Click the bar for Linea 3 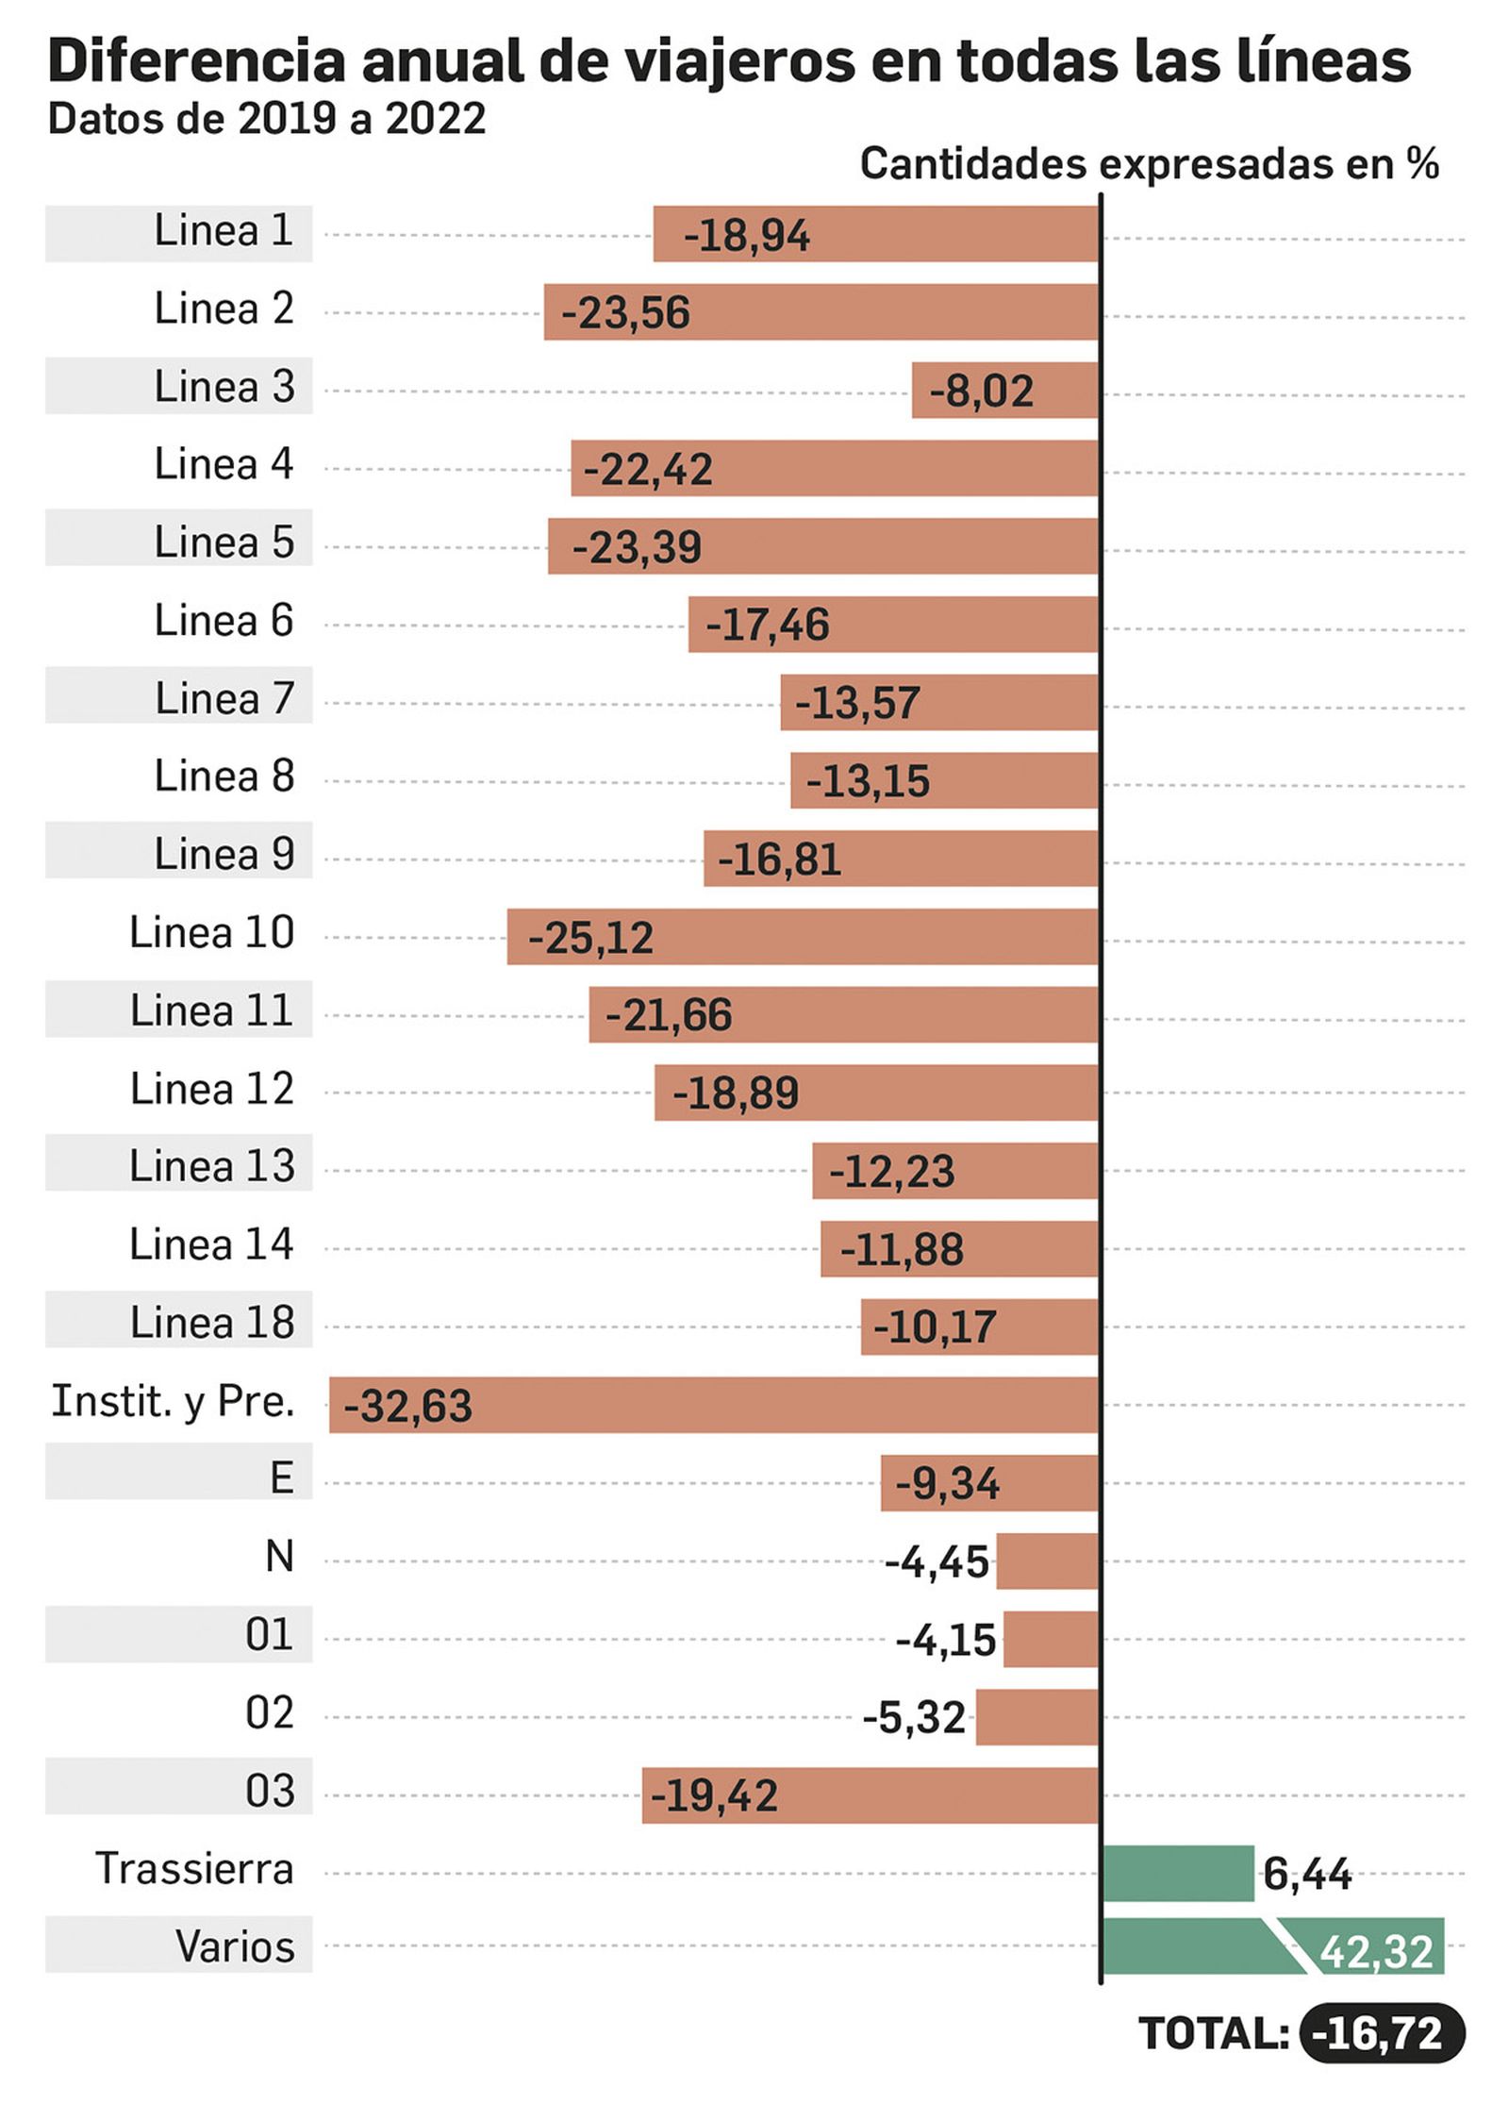coord(1004,390)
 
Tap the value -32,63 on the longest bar coord(407,1406)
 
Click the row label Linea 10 coord(211,932)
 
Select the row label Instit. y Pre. coord(173,1401)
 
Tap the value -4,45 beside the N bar coord(937,1562)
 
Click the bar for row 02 coord(1036,1717)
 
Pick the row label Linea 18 coord(211,1322)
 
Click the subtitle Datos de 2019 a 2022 coord(267,119)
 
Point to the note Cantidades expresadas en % coord(1149,164)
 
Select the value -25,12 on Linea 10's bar coord(590,938)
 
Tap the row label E coord(281,1477)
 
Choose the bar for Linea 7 coord(938,702)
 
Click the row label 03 coord(270,1791)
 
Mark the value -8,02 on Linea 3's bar coord(981,392)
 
